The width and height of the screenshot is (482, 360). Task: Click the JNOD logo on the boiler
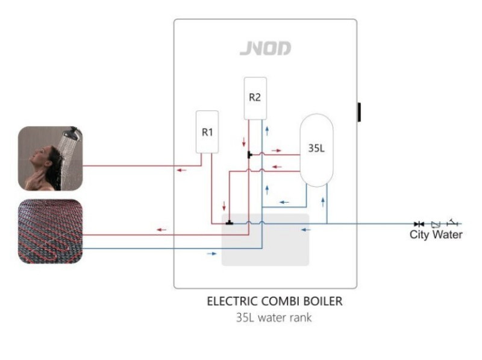pos(265,49)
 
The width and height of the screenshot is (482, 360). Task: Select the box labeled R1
pos(207,132)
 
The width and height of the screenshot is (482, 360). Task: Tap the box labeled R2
pos(255,98)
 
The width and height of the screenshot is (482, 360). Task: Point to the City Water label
pos(436,235)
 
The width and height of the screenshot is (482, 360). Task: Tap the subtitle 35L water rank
pos(266,317)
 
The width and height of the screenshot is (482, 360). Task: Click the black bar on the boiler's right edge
pos(359,112)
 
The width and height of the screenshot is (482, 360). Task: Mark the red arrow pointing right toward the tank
pos(276,150)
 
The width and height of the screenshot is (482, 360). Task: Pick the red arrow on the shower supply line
pos(181,170)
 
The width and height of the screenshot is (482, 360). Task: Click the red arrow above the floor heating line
pos(161,230)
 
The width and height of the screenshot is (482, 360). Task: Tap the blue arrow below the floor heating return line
pos(211,254)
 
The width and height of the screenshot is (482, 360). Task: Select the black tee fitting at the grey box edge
pos(228,223)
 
